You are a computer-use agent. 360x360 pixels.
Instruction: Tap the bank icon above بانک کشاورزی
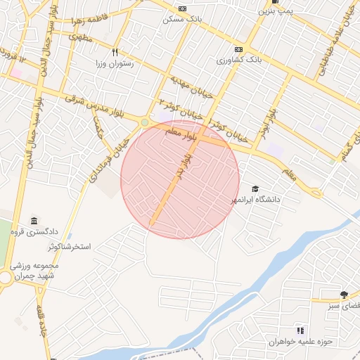pyautogui.click(x=238, y=50)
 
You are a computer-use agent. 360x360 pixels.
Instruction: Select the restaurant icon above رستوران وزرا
pyautogui.click(x=115, y=51)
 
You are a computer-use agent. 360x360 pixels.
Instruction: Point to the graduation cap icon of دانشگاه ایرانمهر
pyautogui.click(x=255, y=188)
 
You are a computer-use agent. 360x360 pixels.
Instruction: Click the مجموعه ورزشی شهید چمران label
pyautogui.click(x=34, y=271)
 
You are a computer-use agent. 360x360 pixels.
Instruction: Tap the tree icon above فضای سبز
pyautogui.click(x=343, y=295)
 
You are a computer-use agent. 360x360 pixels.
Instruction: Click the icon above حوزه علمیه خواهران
pyautogui.click(x=300, y=330)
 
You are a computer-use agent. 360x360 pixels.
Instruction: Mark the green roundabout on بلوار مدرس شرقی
pyautogui.click(x=144, y=122)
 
